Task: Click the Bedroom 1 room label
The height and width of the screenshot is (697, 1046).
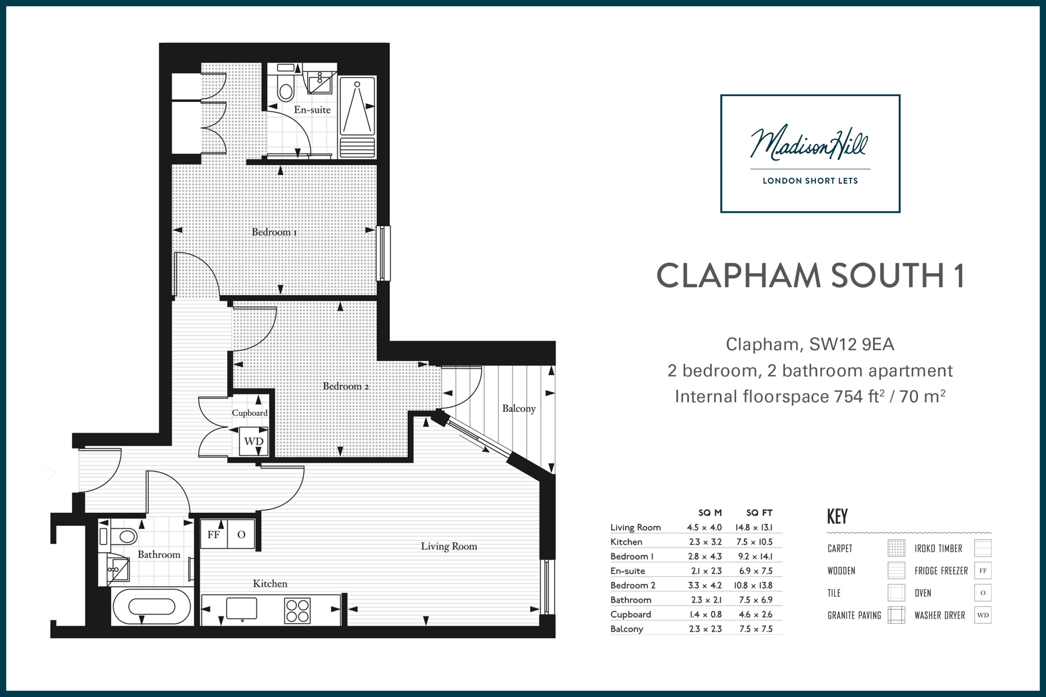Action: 274,232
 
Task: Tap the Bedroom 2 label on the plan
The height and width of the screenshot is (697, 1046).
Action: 346,386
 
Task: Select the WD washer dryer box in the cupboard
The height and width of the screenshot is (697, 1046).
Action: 254,441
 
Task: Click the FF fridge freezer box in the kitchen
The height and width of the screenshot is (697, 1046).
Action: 214,534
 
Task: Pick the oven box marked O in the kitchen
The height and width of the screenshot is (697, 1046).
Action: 241,534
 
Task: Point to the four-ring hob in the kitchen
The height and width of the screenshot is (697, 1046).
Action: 297,611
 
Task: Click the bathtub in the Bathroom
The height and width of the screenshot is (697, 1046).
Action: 152,606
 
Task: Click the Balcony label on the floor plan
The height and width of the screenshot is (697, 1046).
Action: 519,409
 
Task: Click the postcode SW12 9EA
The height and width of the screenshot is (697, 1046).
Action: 851,344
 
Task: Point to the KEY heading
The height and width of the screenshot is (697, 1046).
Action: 837,516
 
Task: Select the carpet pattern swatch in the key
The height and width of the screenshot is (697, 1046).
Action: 896,548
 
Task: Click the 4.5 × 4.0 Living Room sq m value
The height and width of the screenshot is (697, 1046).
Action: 704,527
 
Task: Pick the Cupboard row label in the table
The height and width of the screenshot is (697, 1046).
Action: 630,615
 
